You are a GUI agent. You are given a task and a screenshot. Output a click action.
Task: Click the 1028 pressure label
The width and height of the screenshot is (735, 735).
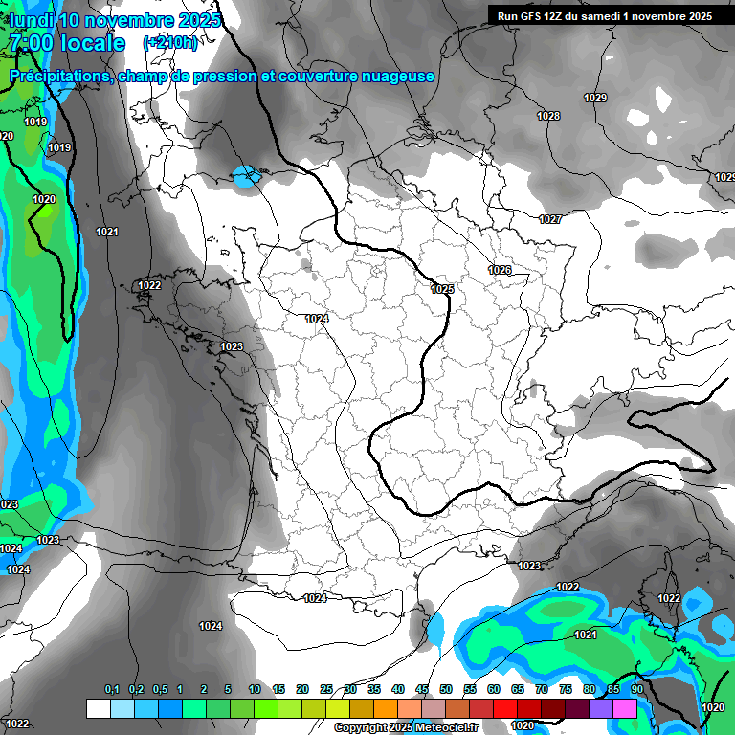548,116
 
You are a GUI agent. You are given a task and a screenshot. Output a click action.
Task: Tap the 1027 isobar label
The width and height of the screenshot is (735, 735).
550,219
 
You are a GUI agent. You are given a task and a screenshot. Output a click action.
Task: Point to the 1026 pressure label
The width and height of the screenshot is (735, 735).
500,270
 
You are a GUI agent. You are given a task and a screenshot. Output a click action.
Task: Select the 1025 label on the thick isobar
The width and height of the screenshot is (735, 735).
442,289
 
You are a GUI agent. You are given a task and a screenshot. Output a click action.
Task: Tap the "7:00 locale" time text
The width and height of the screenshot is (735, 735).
66,43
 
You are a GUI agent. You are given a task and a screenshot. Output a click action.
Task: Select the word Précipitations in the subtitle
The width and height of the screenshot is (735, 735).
59,77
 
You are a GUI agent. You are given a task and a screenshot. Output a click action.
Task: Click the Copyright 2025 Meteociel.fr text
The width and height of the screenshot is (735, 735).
406,727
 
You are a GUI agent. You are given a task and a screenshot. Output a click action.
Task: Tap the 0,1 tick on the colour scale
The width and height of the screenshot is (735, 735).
111,690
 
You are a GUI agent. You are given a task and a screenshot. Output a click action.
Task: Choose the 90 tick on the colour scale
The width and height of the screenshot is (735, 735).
636,690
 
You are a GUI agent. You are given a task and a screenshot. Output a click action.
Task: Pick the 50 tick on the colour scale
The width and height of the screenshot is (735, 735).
446,690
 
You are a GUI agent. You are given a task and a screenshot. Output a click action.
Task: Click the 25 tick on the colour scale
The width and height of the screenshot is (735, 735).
326,690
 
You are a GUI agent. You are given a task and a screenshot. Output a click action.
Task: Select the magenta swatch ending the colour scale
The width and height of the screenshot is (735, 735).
625,708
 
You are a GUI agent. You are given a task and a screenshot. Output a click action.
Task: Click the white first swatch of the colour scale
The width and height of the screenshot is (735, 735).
99,708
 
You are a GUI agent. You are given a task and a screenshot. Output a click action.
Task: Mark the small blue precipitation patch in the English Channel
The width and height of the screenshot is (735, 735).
247,175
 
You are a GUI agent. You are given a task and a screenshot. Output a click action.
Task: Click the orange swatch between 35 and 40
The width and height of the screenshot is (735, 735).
386,708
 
